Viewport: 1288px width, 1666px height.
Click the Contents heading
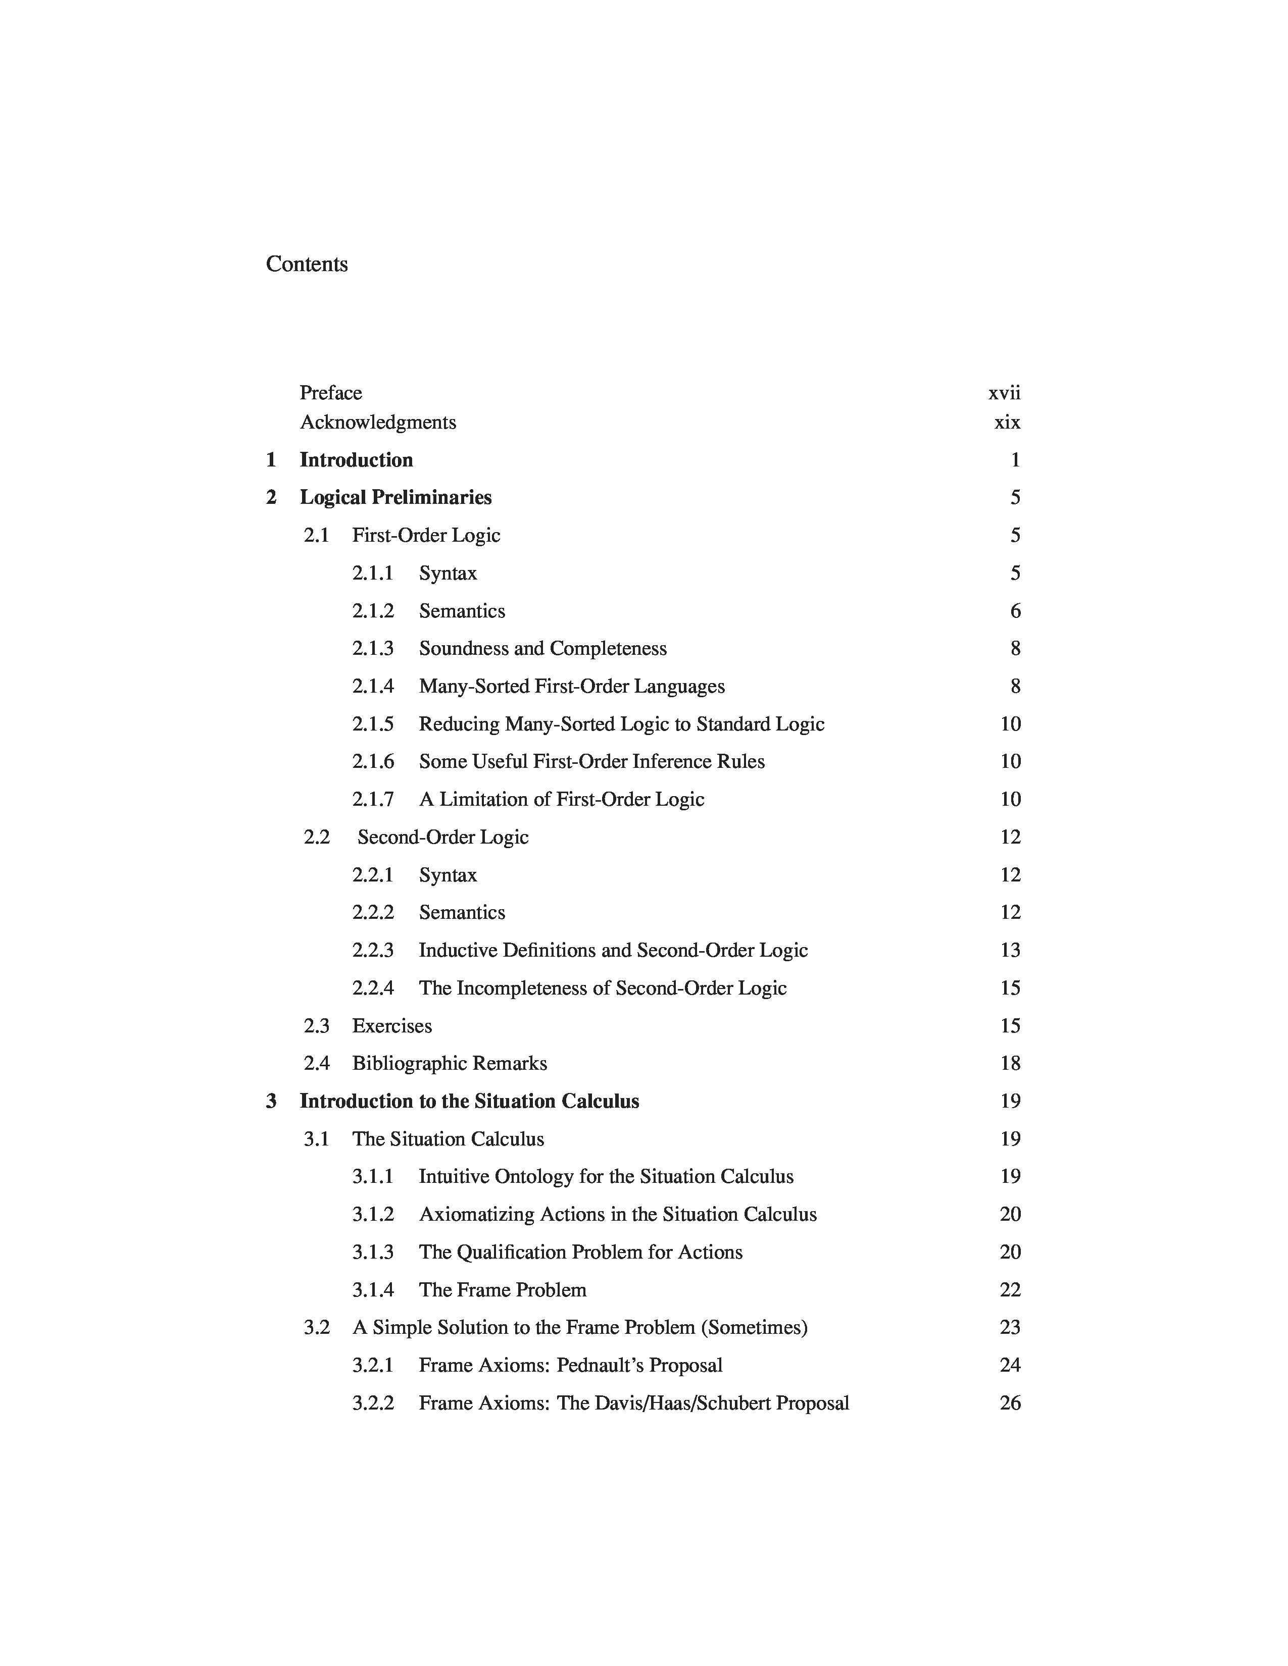click(306, 264)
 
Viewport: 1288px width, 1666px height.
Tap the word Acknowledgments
click(378, 423)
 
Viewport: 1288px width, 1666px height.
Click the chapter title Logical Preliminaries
click(395, 497)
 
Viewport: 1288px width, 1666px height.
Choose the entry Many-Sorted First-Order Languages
click(571, 687)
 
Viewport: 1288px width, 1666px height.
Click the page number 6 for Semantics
click(1015, 611)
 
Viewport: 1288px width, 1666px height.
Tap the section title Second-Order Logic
click(442, 838)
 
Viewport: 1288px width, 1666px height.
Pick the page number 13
click(1010, 951)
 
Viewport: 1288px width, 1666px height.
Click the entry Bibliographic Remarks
click(450, 1063)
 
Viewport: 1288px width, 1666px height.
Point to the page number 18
click(1010, 1063)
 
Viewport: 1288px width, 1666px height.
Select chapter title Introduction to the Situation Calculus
click(469, 1102)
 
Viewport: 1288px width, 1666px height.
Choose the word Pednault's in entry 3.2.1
click(600, 1366)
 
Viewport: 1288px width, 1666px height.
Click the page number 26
click(1010, 1403)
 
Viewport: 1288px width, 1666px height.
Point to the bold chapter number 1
click(271, 460)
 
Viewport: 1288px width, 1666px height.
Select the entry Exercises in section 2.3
click(391, 1026)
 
